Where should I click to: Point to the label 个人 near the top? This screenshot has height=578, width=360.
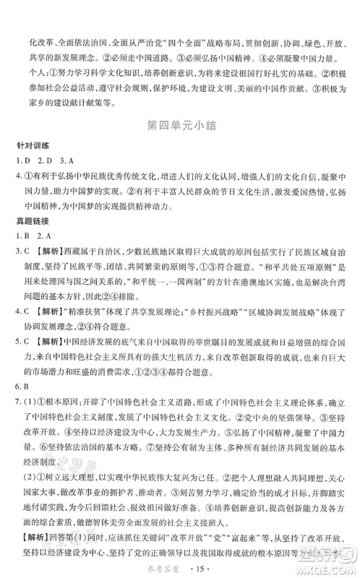(x=38, y=76)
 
